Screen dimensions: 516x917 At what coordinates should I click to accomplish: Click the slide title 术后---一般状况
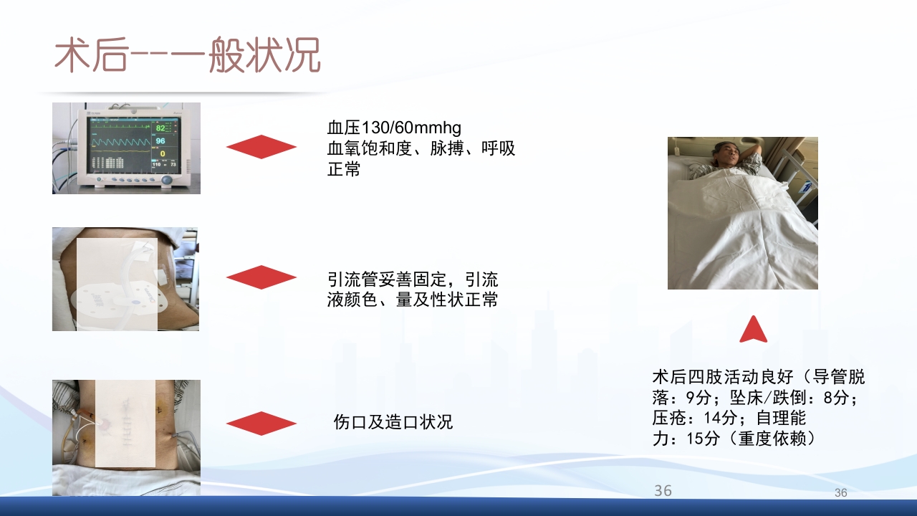(188, 55)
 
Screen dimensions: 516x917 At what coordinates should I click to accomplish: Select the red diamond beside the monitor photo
(261, 147)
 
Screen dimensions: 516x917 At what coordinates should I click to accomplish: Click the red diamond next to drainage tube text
(261, 277)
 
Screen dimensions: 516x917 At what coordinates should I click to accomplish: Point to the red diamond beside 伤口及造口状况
(261, 423)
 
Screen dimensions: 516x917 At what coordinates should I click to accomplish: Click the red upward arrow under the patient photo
(753, 330)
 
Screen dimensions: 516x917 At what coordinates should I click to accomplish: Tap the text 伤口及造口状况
(393, 422)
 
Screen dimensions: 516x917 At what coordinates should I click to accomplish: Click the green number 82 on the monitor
(160, 128)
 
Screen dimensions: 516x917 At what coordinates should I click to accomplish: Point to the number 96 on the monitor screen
(160, 141)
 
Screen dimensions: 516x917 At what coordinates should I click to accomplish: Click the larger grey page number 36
(663, 490)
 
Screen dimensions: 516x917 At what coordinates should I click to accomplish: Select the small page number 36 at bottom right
(840, 493)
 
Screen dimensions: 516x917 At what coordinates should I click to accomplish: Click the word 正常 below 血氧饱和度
(344, 170)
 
